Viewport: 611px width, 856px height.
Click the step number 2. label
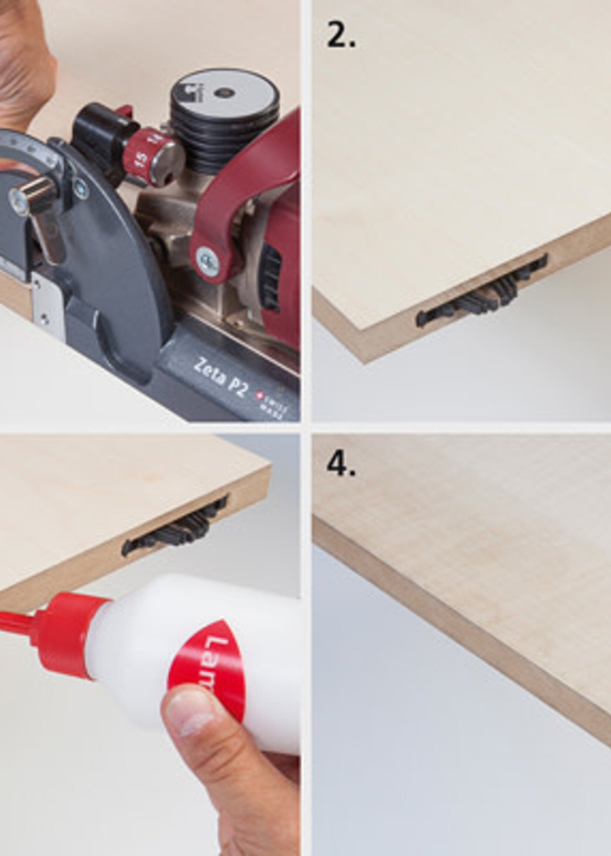point(341,35)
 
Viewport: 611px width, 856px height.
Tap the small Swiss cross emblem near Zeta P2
point(259,395)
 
